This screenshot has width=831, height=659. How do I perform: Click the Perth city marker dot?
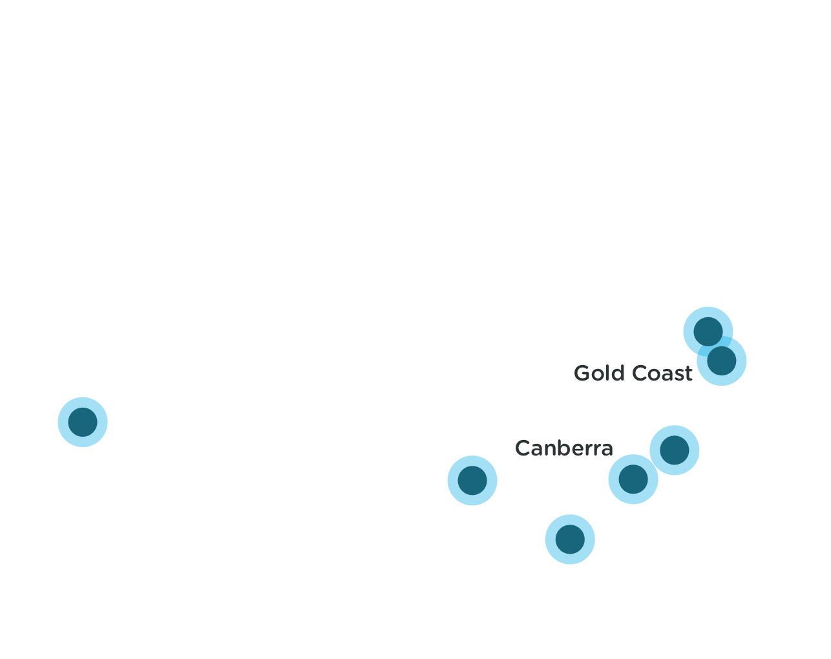click(82, 422)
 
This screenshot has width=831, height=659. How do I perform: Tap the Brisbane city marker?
click(708, 331)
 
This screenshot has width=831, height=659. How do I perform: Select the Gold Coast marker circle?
click(722, 361)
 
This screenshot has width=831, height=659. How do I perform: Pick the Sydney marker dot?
click(675, 450)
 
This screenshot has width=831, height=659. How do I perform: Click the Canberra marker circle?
click(633, 479)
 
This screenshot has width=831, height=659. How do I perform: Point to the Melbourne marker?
click(570, 539)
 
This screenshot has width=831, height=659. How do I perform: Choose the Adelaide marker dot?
click(472, 480)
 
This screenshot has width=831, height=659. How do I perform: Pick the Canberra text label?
click(563, 448)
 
